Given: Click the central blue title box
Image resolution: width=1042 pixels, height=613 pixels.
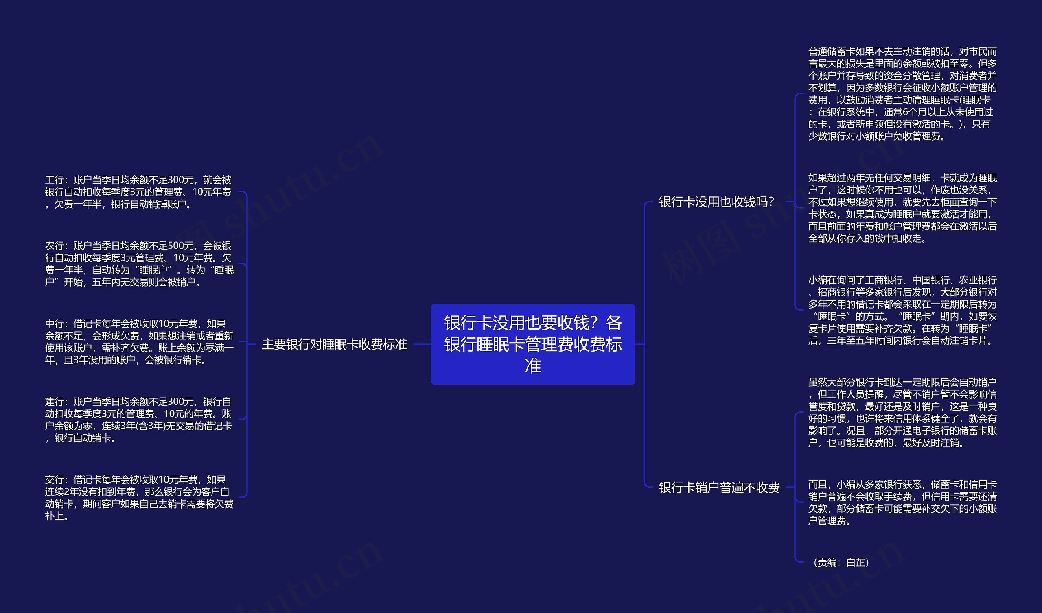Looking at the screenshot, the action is click(532, 344).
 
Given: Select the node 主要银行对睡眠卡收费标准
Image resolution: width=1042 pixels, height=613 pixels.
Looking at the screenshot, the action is click(334, 344).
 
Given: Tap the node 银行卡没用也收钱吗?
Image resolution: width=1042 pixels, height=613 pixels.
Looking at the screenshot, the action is click(716, 202).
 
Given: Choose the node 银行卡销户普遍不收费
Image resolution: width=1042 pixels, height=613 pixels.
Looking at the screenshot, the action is click(719, 487).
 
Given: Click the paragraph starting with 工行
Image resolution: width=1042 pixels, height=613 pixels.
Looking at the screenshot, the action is click(138, 192).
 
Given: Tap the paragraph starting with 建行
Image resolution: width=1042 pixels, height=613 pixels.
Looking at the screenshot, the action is click(138, 420).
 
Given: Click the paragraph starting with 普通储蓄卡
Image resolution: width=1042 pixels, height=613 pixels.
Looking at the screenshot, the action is click(902, 94).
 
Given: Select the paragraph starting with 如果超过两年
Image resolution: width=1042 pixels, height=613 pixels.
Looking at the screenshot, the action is click(902, 208).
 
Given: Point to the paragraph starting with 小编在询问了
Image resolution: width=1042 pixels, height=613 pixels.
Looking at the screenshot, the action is click(902, 310).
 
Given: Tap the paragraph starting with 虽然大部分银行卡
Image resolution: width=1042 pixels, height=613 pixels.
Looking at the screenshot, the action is click(902, 412).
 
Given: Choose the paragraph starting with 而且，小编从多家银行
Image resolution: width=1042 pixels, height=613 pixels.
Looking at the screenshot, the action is click(902, 502).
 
